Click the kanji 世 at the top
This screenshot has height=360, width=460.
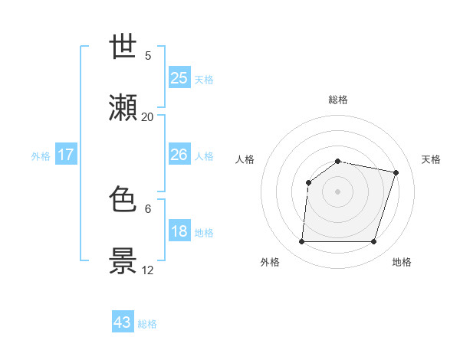123,48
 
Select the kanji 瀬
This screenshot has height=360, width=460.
123,110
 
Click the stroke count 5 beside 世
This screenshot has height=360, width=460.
148,55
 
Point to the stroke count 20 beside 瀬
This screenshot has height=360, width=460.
148,116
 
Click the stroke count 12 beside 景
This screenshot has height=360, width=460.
148,270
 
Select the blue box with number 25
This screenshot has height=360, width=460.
179,77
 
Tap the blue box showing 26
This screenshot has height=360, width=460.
179,155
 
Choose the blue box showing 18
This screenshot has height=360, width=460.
179,231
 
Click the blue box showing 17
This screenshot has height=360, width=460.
65,155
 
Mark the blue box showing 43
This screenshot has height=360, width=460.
123,322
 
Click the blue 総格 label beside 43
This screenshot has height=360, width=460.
147,324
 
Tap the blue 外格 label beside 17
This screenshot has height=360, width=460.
41,156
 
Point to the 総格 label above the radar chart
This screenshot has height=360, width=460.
338,100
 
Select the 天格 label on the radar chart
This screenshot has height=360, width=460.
432,159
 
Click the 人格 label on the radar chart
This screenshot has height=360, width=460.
245,159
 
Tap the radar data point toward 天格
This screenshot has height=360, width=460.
396,172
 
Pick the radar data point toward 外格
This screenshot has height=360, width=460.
302,242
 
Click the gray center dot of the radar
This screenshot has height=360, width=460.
337,191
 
